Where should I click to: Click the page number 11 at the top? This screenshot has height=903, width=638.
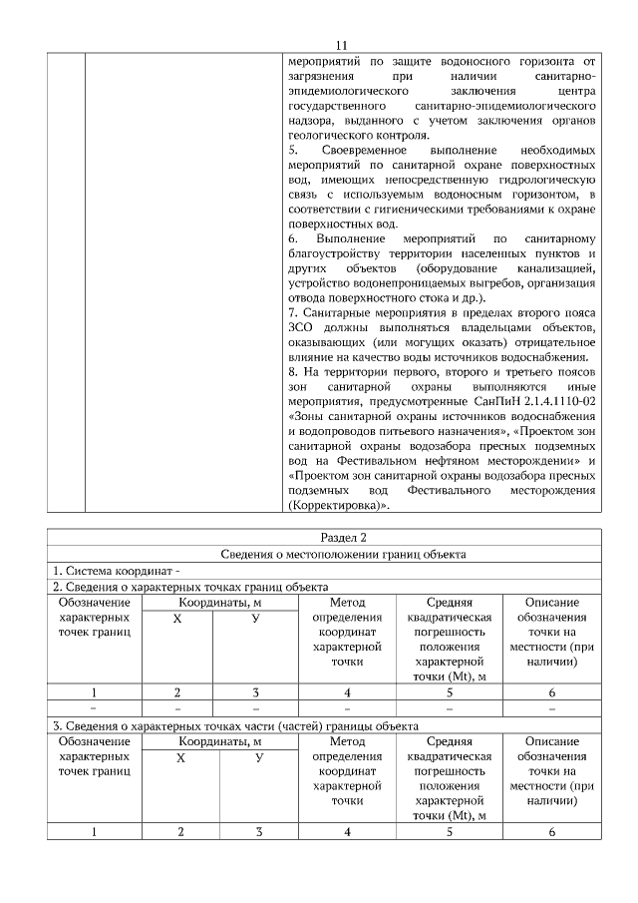coord(341,45)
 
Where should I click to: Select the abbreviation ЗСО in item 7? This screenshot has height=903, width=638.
coord(301,328)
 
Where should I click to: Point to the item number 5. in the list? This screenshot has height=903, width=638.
coord(294,150)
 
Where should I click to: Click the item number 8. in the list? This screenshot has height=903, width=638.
coord(293,372)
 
